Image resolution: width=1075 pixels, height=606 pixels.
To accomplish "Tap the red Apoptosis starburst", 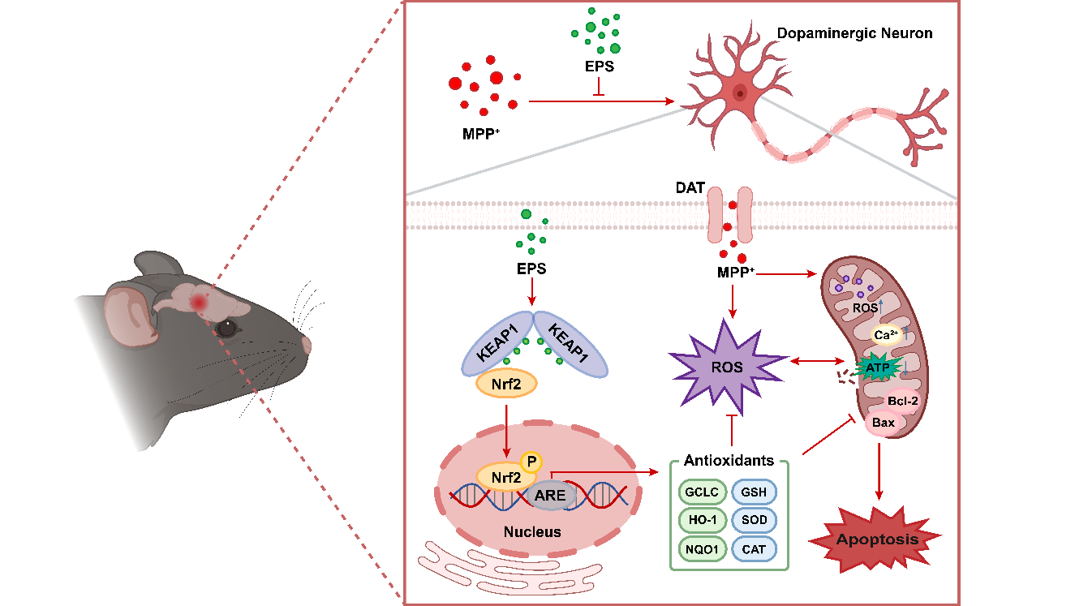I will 877,538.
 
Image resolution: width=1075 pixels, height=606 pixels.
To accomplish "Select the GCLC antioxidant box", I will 701,491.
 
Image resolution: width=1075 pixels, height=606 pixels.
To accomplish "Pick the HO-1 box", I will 701,520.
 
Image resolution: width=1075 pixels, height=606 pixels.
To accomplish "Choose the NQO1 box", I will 701,549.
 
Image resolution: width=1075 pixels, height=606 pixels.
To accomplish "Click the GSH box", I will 754,491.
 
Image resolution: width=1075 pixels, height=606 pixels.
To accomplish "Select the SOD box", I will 754,520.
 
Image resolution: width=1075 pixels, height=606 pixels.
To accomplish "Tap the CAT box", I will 754,549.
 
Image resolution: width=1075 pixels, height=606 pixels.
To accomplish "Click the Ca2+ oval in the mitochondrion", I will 885,335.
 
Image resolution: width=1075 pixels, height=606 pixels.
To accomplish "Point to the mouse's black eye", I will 226,329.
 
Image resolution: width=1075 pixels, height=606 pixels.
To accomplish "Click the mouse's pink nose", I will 305,344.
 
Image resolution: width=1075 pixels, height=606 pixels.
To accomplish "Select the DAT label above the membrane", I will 690,188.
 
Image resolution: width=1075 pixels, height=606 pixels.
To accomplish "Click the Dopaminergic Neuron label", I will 855,34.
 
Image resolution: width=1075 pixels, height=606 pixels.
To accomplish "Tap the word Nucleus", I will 531,532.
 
